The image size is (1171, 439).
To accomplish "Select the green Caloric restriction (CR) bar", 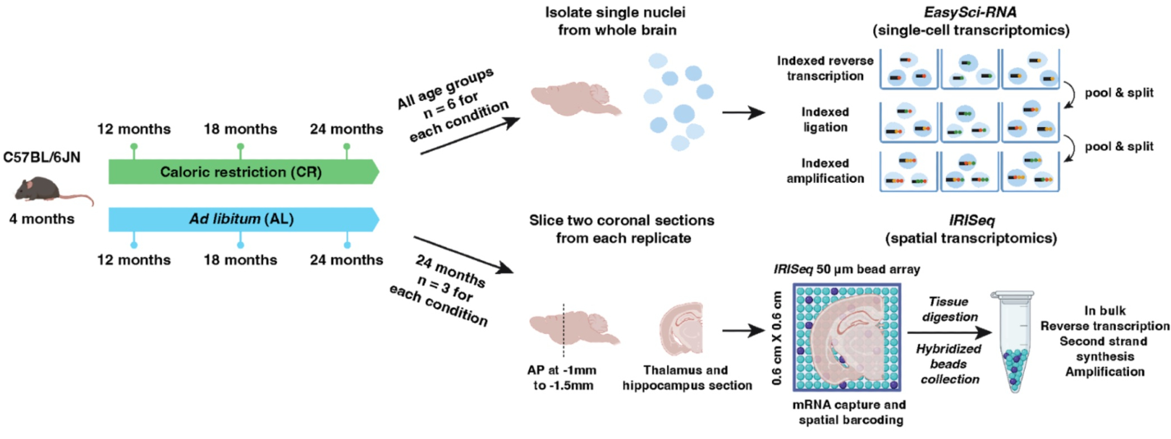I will click(241, 172).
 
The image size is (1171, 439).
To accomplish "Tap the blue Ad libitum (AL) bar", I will click(241, 219).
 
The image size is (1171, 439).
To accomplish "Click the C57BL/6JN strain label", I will click(42, 157).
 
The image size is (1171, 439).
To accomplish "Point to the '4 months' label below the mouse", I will click(42, 219).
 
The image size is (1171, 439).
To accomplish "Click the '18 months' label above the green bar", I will click(240, 129).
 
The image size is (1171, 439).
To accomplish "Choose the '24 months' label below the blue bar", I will click(347, 260).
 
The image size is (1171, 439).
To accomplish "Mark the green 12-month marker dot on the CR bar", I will click(134, 146).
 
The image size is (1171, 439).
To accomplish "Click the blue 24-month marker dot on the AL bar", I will click(347, 245).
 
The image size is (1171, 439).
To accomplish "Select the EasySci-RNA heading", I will click(970, 12).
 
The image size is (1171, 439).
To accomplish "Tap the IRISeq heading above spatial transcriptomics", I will click(971, 221).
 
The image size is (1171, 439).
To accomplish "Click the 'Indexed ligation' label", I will click(825, 119).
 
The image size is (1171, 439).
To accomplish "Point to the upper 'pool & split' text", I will click(1119, 92).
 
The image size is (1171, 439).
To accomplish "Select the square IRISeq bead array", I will click(847, 337).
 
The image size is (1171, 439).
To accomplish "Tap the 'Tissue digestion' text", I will click(949, 309).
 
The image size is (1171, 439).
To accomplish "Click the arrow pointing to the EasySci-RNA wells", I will click(743, 112).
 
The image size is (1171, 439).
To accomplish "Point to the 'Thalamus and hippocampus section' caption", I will click(687, 378).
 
